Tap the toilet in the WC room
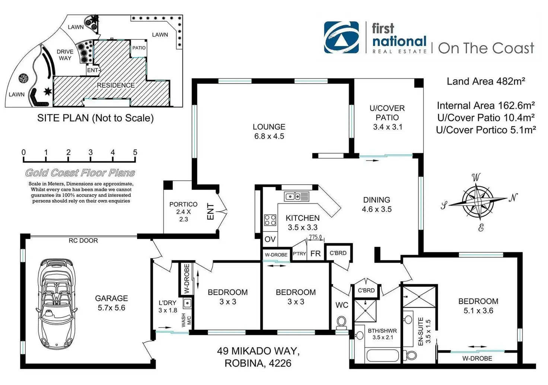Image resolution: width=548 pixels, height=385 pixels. (341, 322)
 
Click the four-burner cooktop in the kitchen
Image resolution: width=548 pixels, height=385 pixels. (270, 220)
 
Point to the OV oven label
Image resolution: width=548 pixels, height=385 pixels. (270, 239)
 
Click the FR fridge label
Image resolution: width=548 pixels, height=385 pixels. (315, 253)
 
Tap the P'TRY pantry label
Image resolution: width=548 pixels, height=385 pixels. (299, 254)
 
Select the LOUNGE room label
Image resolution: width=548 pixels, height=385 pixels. (269, 127)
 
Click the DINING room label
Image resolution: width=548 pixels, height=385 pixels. (376, 200)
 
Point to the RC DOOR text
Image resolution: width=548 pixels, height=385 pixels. (83, 240)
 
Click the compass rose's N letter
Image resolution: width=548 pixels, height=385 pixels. (513, 198)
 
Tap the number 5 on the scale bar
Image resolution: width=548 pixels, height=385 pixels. (135, 152)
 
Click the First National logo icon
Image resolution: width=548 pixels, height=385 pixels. (341, 38)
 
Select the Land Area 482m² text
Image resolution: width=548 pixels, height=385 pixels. (485, 81)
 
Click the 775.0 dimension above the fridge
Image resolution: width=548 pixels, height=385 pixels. (315, 237)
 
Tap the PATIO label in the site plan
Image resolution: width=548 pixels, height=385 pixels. (139, 48)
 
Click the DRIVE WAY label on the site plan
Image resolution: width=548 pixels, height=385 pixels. (65, 55)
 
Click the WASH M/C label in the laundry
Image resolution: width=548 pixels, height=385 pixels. (186, 320)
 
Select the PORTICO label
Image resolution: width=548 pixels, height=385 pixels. (183, 204)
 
